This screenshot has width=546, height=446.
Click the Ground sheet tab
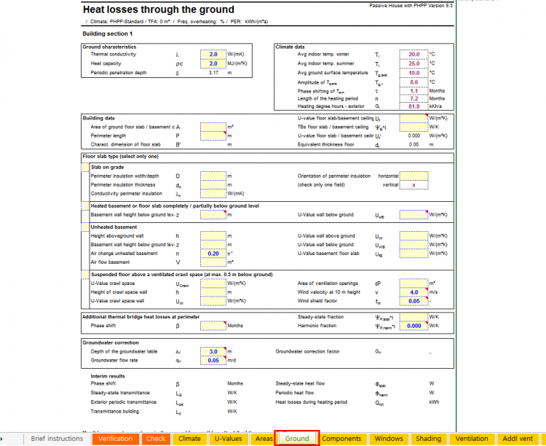(x=297, y=439)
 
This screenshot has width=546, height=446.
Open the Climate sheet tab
(x=189, y=439)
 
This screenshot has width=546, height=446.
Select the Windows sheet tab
(x=389, y=439)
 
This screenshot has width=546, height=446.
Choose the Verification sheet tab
(x=115, y=439)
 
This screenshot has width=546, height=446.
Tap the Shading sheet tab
(x=428, y=439)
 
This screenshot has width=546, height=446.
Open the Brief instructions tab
(x=57, y=439)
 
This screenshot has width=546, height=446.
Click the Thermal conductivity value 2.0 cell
(x=213, y=55)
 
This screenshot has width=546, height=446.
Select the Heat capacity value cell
(x=213, y=63)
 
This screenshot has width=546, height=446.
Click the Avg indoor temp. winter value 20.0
(x=414, y=55)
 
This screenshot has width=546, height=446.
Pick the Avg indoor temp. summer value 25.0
(x=414, y=63)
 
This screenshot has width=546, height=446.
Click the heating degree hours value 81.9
(x=414, y=106)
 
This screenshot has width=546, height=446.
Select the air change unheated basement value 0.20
(x=213, y=253)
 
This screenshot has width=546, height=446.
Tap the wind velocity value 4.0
(x=414, y=292)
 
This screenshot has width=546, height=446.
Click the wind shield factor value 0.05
(x=414, y=300)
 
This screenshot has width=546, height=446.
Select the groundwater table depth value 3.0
(x=213, y=351)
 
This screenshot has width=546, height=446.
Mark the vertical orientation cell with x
(x=414, y=185)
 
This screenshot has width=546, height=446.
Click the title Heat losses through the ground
(x=159, y=10)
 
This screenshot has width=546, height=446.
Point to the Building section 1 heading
(x=108, y=34)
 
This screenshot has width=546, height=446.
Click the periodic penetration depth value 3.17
(x=213, y=72)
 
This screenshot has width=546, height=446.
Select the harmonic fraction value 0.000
(x=414, y=326)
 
